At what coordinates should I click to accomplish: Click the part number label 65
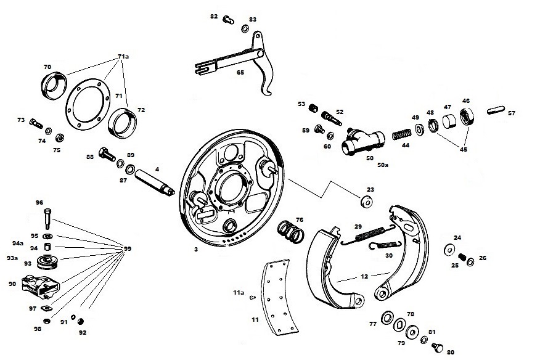240,72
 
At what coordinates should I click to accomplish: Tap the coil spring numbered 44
402,134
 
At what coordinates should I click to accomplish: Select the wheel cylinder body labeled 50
363,142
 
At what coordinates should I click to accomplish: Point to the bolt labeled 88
107,154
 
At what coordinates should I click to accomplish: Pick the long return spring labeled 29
368,234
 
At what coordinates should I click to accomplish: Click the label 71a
123,57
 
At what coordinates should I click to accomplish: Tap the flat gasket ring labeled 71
88,104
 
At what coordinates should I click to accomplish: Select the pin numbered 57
496,110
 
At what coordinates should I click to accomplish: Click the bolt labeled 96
47,218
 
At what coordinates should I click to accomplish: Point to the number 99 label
128,248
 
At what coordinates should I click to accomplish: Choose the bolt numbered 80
438,347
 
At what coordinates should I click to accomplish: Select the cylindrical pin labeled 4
155,182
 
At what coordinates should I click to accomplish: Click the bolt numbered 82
228,20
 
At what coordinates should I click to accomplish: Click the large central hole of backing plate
231,189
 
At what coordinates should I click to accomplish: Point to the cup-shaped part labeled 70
54,86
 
